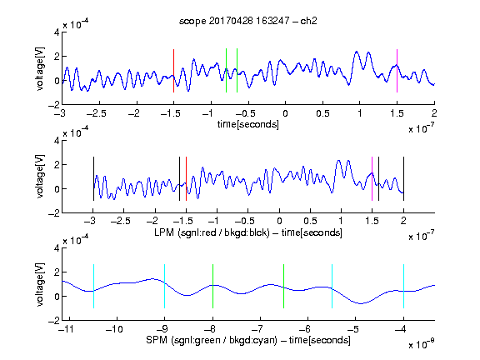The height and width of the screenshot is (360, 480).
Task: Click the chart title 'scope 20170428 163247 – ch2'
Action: pyautogui.click(x=248, y=21)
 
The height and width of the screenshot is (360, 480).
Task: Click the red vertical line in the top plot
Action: pyautogui.click(x=173, y=71)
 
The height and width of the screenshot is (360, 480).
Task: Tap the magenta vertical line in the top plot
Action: pyautogui.click(x=397, y=71)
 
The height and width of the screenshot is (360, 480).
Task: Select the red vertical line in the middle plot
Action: pyautogui.click(x=186, y=179)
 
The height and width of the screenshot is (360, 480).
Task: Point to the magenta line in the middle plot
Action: pyautogui.click(x=372, y=179)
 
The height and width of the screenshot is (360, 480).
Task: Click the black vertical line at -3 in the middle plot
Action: pyautogui.click(x=93, y=179)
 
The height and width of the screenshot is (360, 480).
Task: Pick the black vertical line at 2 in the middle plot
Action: pyautogui.click(x=403, y=179)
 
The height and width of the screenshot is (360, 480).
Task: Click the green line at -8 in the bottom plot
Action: pyautogui.click(x=212, y=286)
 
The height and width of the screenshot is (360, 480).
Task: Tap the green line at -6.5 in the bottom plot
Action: pyautogui.click(x=284, y=286)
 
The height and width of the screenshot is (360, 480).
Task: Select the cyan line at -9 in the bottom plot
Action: pyautogui.click(x=165, y=286)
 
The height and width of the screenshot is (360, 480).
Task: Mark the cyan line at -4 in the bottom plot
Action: pyautogui.click(x=403, y=286)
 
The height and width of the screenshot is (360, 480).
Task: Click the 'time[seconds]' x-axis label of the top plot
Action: pyautogui.click(x=248, y=124)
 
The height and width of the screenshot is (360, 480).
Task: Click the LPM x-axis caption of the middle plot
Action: pyautogui.click(x=248, y=232)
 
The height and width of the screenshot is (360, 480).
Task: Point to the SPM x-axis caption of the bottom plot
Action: pyautogui.click(x=248, y=340)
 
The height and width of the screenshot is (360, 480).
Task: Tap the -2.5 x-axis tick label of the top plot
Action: pyautogui.click(x=97, y=113)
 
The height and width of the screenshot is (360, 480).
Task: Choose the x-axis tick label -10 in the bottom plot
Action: pyautogui.click(x=114, y=329)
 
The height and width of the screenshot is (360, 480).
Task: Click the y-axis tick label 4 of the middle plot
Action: pyautogui.click(x=57, y=141)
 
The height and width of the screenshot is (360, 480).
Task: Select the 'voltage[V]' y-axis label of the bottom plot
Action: pyautogui.click(x=40, y=284)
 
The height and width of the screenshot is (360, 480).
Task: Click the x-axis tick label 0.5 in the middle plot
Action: pyautogui.click(x=310, y=221)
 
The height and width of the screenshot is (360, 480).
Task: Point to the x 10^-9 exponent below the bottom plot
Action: pyautogui.click(x=422, y=344)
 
